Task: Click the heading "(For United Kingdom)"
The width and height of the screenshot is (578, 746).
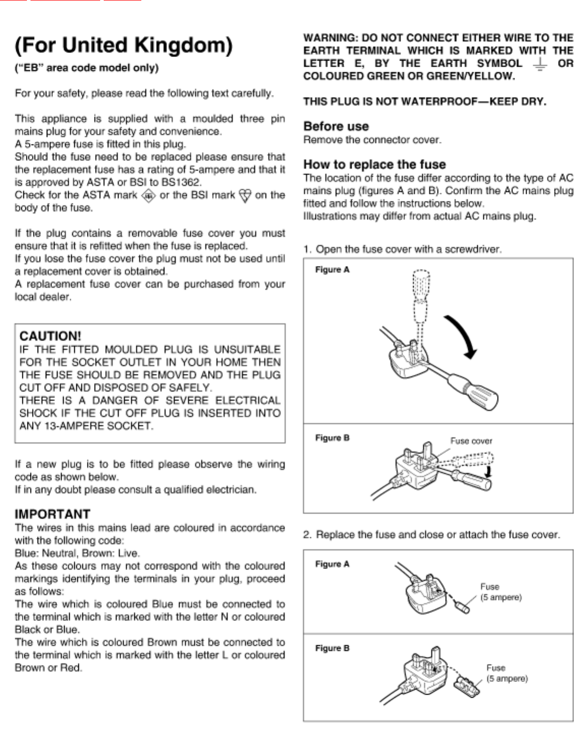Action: click(x=124, y=46)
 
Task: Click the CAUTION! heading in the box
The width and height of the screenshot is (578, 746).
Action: click(x=50, y=336)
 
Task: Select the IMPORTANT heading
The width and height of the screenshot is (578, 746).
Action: click(x=52, y=514)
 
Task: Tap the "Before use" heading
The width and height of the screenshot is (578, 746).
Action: click(x=336, y=126)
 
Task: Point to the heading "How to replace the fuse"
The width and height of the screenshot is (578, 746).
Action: click(x=374, y=164)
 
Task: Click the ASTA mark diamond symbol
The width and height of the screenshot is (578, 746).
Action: click(x=148, y=196)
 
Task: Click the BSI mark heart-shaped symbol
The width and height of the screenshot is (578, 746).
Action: click(x=245, y=196)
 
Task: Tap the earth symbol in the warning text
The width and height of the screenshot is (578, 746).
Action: click(x=540, y=64)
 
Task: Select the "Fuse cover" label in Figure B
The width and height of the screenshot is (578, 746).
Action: click(x=471, y=441)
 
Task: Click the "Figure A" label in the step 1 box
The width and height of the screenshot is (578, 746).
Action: click(x=332, y=270)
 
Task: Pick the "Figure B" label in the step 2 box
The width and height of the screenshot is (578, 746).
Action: click(x=332, y=648)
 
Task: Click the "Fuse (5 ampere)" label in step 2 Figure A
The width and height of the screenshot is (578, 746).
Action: click(x=500, y=592)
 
